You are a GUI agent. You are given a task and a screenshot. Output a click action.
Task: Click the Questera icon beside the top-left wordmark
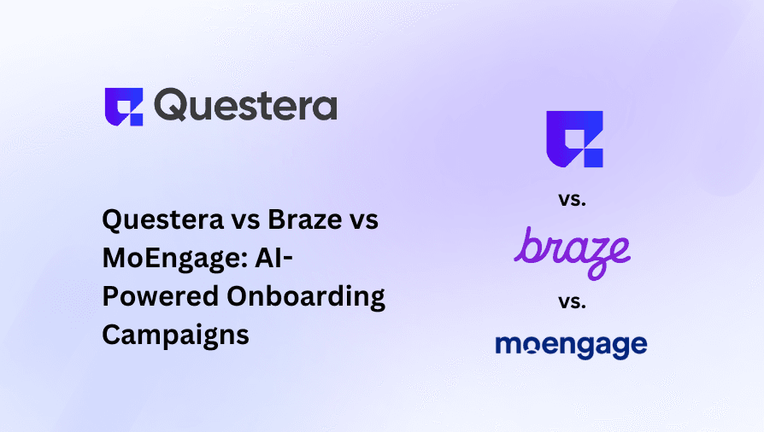(x=124, y=107)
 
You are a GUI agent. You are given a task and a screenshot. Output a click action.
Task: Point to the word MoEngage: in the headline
(x=170, y=259)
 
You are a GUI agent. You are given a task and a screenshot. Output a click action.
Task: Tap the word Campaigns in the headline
(x=175, y=335)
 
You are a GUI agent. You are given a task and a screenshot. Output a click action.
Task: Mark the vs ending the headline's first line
(x=364, y=220)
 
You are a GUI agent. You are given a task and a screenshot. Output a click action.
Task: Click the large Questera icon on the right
(x=574, y=138)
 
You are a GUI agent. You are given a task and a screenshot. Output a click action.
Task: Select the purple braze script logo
(x=573, y=248)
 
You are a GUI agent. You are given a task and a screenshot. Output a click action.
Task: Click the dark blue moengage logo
(x=571, y=346)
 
